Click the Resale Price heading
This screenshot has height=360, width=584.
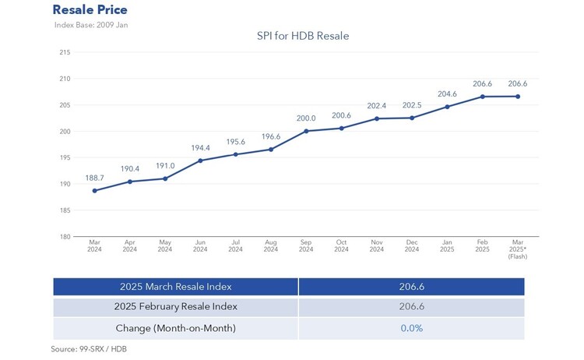90,10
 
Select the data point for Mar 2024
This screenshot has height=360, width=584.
95,191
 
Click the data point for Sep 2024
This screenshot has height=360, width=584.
306,131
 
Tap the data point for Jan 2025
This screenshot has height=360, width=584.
447,107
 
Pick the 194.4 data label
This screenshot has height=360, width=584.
200,147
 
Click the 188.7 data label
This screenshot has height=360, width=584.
95,178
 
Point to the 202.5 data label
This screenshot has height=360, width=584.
412,105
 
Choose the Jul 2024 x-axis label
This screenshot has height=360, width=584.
235,246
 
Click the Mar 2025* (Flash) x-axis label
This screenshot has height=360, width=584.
518,249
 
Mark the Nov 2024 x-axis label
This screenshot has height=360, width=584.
377,246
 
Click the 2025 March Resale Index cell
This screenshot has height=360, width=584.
175,287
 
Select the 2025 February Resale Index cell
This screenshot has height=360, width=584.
175,307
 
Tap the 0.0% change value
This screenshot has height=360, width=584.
411,328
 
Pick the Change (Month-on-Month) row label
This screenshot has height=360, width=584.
175,328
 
